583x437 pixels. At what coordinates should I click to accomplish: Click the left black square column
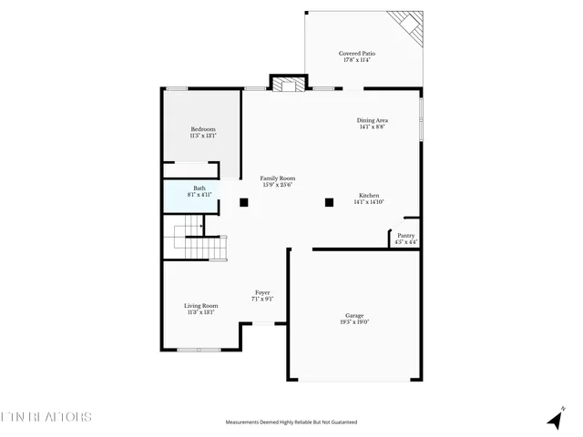[x=244, y=202]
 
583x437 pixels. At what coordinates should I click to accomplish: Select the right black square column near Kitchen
[x=330, y=202]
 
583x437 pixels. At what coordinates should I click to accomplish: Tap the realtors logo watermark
[x=46, y=417]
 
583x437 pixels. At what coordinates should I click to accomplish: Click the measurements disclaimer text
[x=291, y=422]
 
